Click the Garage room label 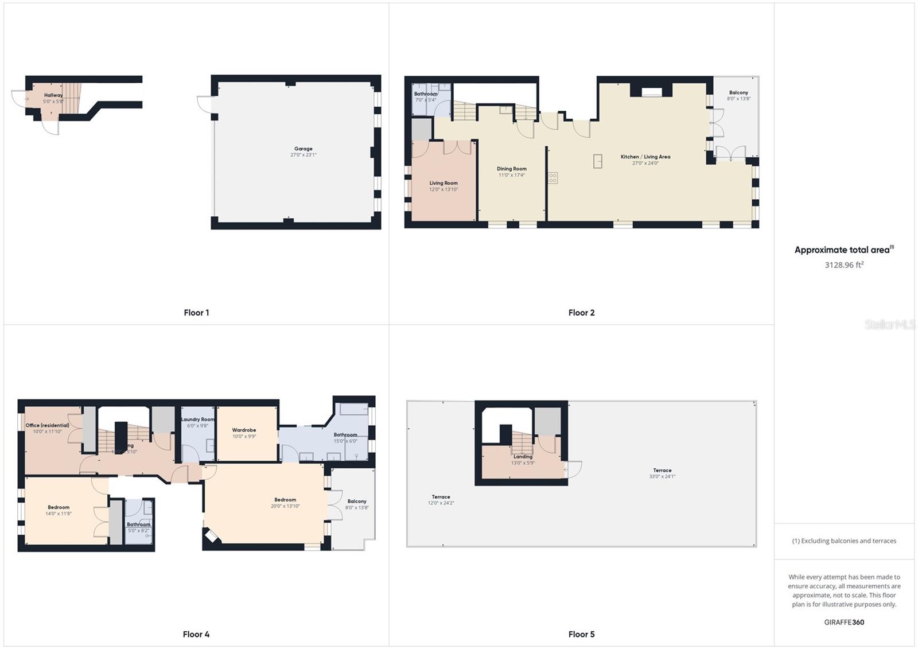(303, 149)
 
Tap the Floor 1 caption (196, 313)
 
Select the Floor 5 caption (581, 634)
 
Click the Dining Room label (511, 169)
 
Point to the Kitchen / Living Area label (645, 157)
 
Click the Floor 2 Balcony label (738, 93)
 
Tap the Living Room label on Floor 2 (444, 184)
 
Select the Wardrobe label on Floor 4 (244, 430)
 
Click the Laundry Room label (198, 419)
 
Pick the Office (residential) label (47, 426)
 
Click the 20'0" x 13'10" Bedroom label (285, 500)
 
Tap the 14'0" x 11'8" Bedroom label (59, 507)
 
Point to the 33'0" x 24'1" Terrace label (662, 471)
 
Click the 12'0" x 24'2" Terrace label (441, 497)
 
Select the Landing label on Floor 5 (523, 457)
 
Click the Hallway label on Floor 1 (53, 95)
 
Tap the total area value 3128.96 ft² (844, 265)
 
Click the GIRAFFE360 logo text (844, 622)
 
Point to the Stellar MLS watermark (890, 325)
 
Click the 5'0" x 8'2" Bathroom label (138, 524)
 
